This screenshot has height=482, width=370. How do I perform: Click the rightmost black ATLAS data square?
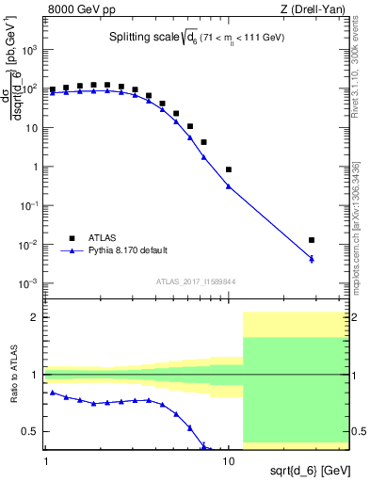(312, 240)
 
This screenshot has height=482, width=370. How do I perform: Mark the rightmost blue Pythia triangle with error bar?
(312, 258)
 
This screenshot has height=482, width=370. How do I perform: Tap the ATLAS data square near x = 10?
(229, 169)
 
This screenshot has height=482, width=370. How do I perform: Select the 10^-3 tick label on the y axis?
(28, 283)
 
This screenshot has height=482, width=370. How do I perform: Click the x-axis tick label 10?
(229, 464)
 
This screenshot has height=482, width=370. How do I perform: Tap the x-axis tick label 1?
(45, 464)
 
